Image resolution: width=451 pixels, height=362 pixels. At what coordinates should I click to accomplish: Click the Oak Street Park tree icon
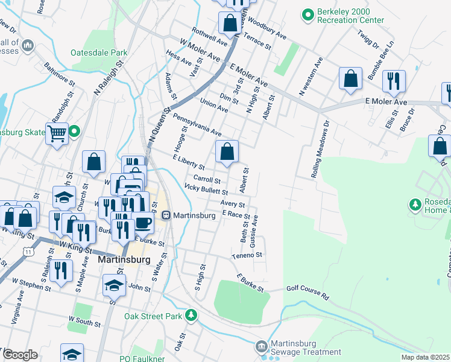point(191,315)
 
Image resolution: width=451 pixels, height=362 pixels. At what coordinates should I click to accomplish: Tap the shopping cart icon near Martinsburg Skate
point(57,133)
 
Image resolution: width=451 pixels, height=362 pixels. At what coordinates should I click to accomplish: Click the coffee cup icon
point(142,222)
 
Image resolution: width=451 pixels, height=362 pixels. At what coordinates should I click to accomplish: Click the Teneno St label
point(248,256)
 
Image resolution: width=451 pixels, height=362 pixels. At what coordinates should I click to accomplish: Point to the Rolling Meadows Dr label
point(321,148)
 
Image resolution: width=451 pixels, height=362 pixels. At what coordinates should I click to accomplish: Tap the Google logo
point(20,355)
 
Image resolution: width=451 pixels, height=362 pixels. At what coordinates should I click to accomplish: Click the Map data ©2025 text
point(424,357)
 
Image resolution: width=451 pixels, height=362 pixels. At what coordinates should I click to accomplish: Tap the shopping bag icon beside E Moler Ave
point(350,78)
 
